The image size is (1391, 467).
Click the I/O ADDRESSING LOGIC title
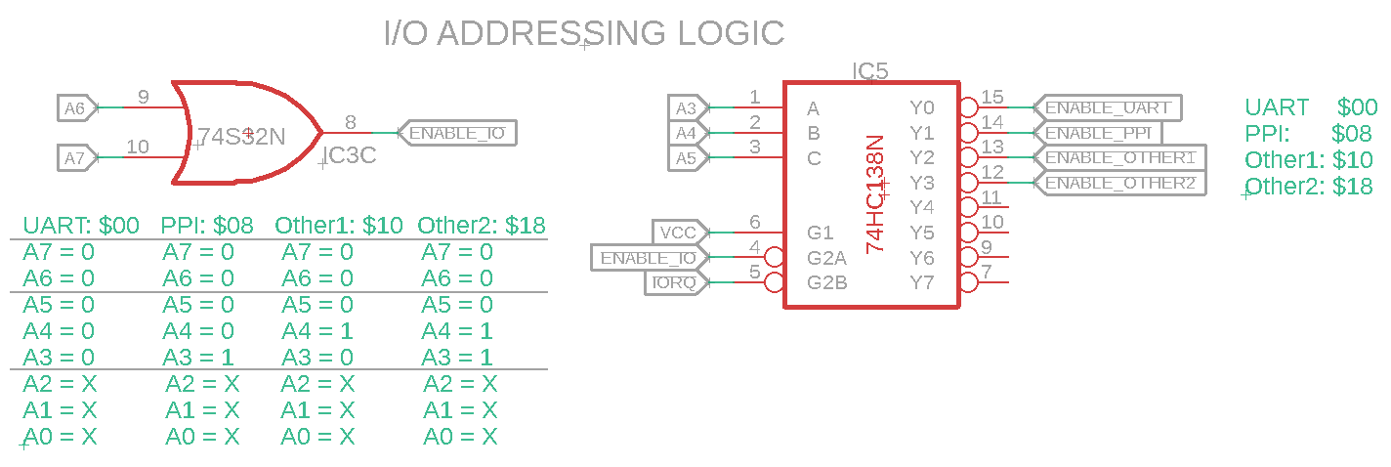coord(584,33)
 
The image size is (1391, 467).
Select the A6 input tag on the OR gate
coord(77,108)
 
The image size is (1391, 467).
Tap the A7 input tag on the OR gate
coord(77,156)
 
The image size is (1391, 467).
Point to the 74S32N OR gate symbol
coord(244,133)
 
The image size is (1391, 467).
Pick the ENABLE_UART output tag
coord(1113,106)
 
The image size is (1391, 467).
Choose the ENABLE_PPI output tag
coord(1103,132)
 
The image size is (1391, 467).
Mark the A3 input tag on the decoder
coord(685,107)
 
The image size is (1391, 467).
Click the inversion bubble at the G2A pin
coord(775,258)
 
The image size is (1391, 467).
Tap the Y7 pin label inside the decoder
coord(922,283)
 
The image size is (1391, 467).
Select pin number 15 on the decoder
coord(992,97)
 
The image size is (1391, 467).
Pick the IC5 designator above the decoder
coord(870,71)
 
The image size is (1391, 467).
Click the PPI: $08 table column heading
coord(207,226)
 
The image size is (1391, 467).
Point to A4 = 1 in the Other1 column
coord(317,331)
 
